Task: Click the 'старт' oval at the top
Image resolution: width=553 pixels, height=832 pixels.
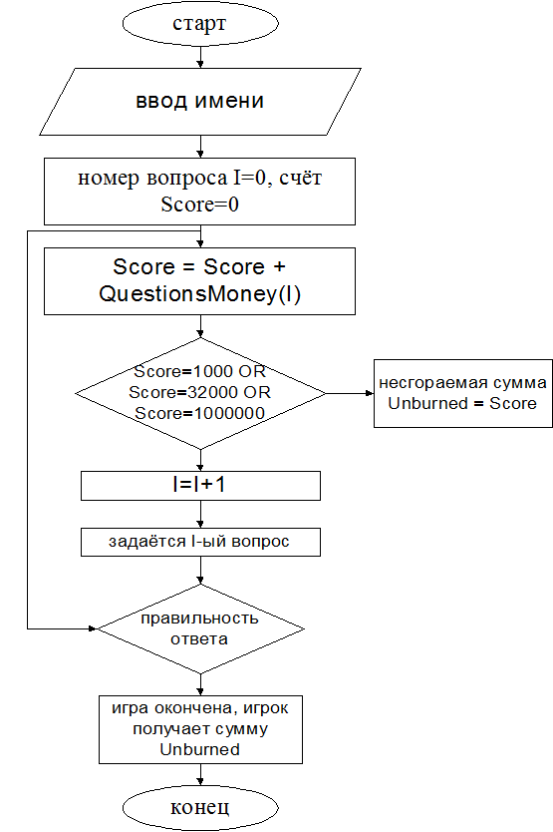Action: (x=200, y=24)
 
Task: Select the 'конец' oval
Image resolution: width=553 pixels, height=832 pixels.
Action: (x=200, y=808)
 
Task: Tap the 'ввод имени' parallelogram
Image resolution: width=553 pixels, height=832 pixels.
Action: (x=200, y=102)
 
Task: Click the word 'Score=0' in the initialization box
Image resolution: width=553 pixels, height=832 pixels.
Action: (x=200, y=205)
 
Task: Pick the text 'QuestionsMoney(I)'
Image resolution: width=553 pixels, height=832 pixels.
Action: (x=200, y=293)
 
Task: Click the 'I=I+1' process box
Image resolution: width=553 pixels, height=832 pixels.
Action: (x=200, y=486)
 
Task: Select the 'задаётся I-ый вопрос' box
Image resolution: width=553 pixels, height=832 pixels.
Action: (x=200, y=542)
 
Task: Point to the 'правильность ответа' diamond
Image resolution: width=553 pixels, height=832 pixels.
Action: (x=200, y=629)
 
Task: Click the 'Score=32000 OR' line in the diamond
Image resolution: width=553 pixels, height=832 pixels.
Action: (x=200, y=392)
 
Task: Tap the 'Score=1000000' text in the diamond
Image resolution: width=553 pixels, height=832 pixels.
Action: (x=200, y=413)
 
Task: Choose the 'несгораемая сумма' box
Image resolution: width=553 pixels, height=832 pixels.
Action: (x=463, y=393)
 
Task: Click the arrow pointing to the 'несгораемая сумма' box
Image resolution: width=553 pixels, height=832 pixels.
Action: (x=350, y=393)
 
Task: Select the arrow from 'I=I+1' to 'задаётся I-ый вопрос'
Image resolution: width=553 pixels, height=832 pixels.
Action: (x=200, y=514)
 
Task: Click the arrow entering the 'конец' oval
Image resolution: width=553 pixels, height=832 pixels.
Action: (x=200, y=775)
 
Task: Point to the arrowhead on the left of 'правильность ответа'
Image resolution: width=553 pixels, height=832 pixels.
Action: (x=93, y=628)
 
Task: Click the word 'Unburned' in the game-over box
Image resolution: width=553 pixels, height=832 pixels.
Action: (x=200, y=750)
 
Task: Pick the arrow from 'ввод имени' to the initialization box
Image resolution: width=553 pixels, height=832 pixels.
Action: (x=200, y=147)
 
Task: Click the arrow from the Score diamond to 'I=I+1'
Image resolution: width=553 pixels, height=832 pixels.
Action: (x=200, y=460)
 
